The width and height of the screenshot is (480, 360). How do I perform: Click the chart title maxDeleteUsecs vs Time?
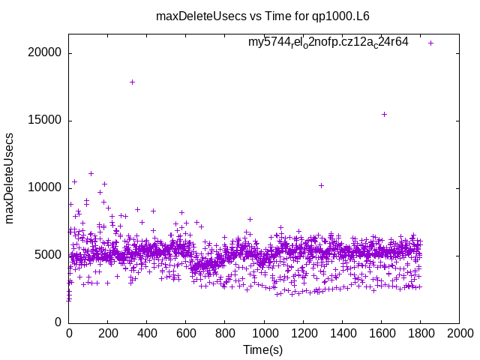(x=262, y=16)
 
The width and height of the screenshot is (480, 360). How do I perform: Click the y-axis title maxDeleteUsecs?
(x=10, y=178)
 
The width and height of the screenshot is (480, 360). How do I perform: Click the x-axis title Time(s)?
(x=262, y=350)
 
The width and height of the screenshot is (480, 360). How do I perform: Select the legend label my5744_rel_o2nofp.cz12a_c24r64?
(x=328, y=42)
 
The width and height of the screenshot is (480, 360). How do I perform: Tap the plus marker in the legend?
(x=430, y=43)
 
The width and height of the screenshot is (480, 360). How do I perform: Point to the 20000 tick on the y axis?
(x=46, y=53)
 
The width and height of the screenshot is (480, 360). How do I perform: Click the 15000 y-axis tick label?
(x=46, y=121)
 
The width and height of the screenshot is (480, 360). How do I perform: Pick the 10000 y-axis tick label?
(x=46, y=187)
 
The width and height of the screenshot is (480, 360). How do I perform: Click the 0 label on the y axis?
(x=58, y=322)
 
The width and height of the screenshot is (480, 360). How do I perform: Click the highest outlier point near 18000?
(x=132, y=82)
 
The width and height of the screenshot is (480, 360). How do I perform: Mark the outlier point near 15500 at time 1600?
(x=384, y=114)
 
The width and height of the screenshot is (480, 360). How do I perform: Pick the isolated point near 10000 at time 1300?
(x=321, y=185)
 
